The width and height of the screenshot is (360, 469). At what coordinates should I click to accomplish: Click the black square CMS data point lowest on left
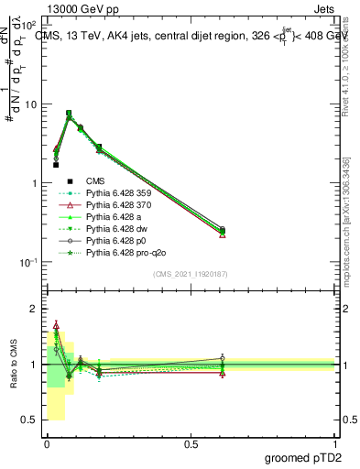tap(56, 165)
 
